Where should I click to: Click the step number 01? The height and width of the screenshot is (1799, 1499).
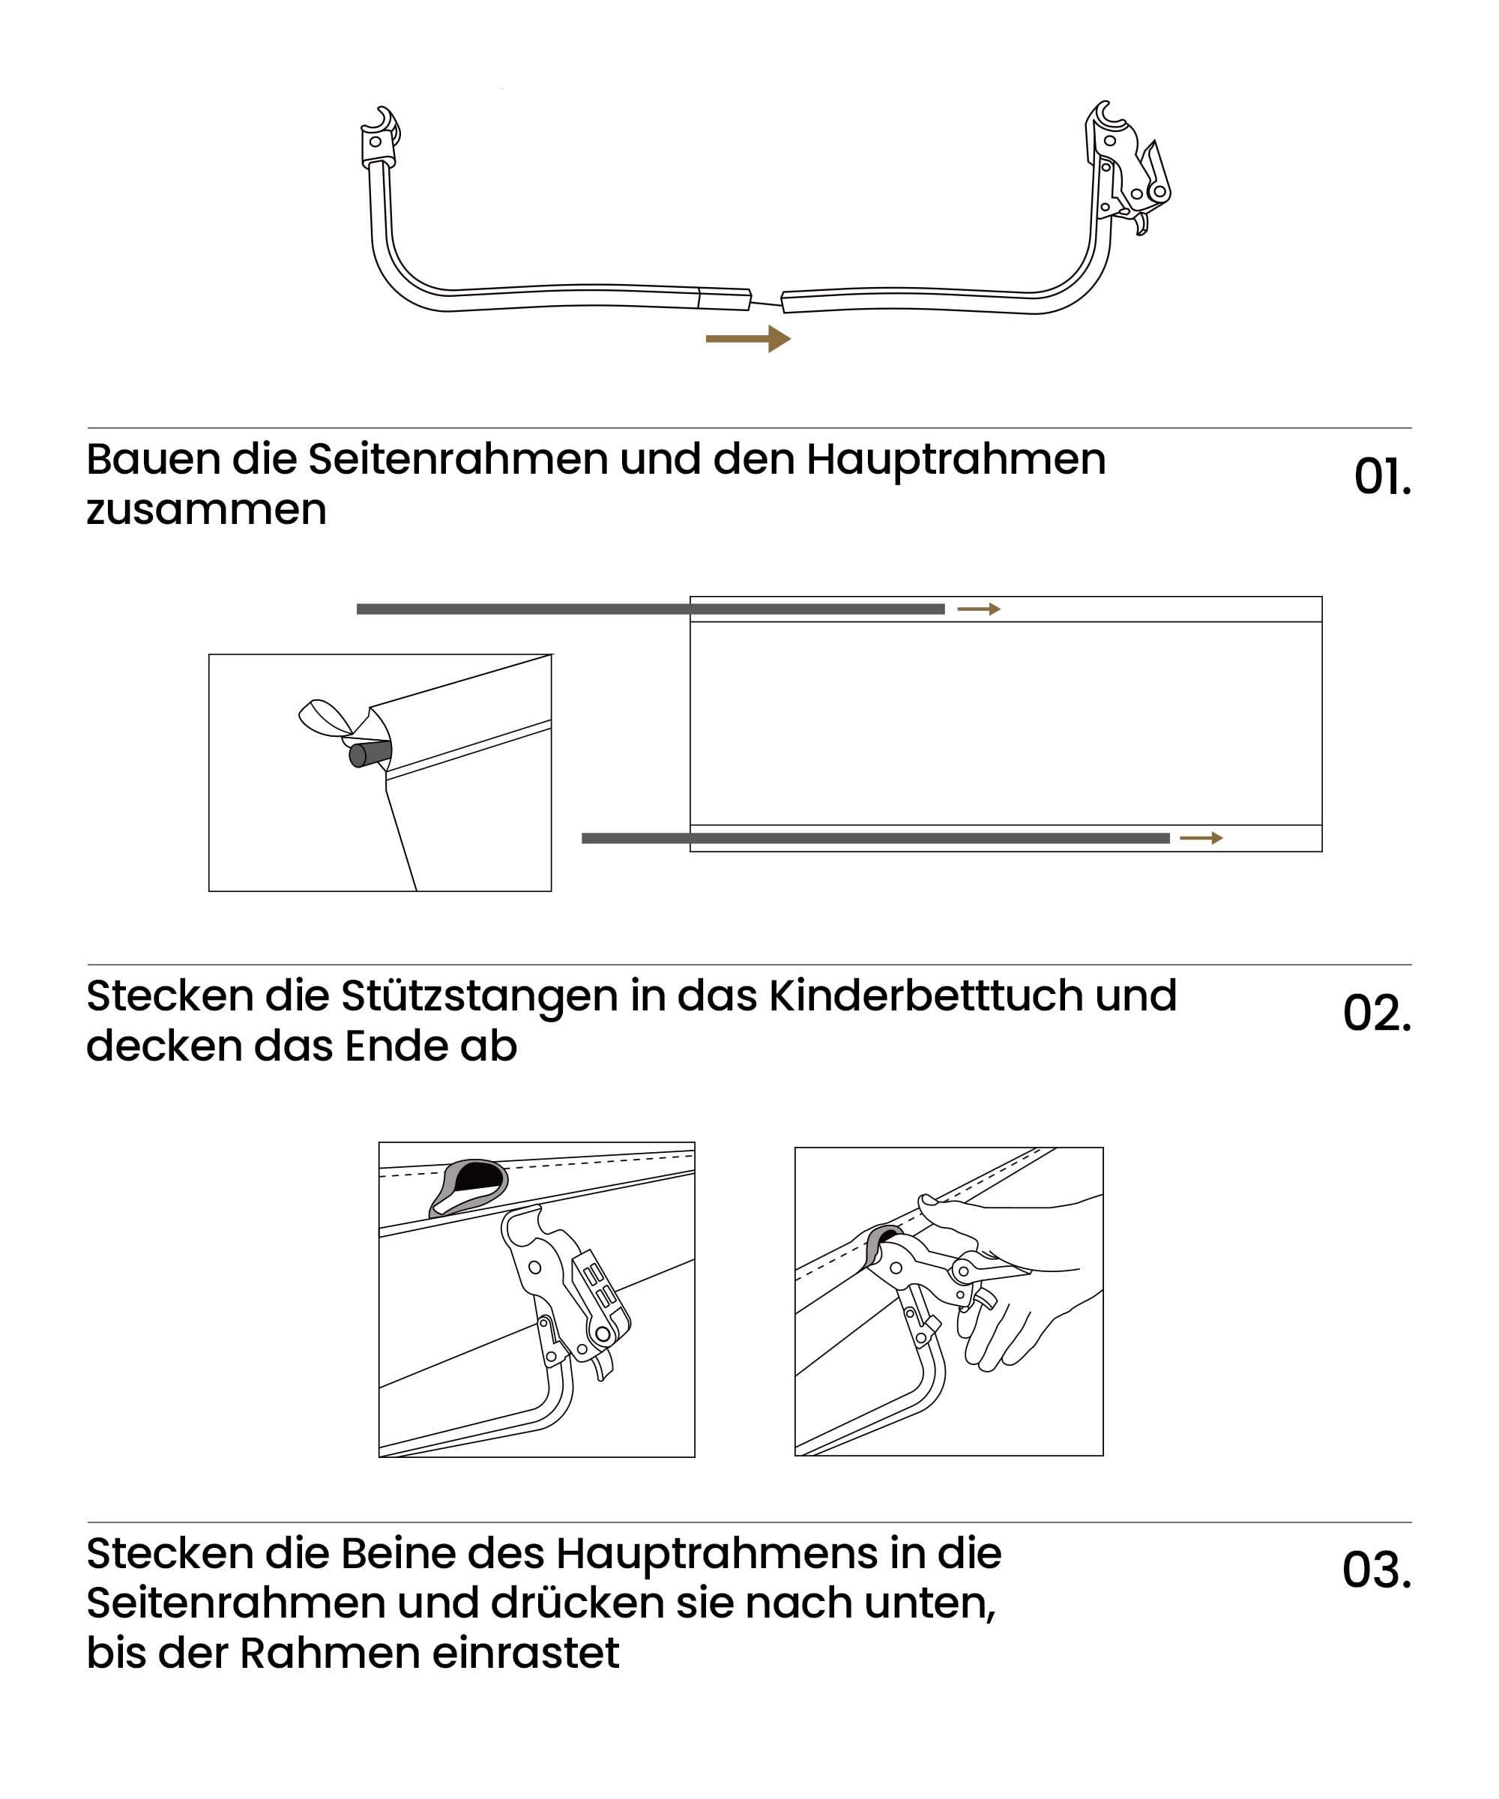click(x=1381, y=477)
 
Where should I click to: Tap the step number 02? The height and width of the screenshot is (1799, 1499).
click(x=1377, y=1013)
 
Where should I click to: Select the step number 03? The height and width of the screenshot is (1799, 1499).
click(x=1377, y=1570)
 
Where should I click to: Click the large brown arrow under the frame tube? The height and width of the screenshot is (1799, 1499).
click(x=748, y=338)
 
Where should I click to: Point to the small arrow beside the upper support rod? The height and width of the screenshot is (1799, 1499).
click(x=978, y=609)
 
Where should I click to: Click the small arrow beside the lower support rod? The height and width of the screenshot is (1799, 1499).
click(x=1201, y=838)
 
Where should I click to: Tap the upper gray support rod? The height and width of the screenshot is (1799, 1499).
click(x=650, y=609)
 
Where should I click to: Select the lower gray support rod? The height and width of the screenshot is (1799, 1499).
click(x=875, y=838)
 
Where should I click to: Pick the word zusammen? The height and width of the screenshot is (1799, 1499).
click(x=206, y=510)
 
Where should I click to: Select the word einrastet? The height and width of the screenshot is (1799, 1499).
click(x=525, y=1653)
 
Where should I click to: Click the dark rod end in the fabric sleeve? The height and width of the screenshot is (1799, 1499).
click(x=370, y=754)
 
